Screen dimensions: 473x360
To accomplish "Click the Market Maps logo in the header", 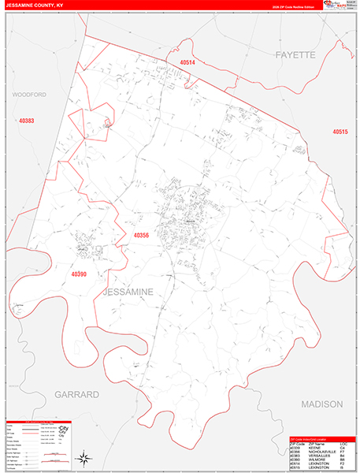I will coord(340,6).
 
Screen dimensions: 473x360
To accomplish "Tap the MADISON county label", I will coord(322,404).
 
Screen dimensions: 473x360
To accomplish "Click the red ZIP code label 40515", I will coord(340,132).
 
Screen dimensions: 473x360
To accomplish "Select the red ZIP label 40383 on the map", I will coord(27,121).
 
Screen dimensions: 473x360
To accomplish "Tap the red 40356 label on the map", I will coord(141,235).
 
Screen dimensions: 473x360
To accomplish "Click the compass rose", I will coord(84,457).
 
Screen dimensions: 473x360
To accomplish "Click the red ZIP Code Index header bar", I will coord(320,438).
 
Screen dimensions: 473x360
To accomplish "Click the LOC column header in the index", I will coord(343,443).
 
